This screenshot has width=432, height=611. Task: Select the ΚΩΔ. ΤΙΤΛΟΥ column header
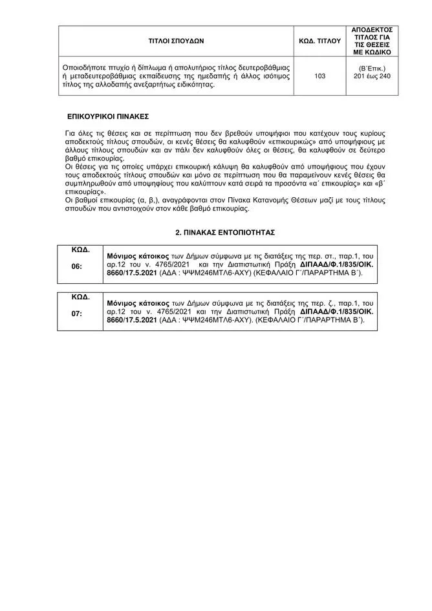pyautogui.click(x=319, y=40)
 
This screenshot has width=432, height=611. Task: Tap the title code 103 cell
pyautogui.click(x=319, y=76)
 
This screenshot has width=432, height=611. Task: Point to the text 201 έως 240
pyautogui.click(x=376, y=76)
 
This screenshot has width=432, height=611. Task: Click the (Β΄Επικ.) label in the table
pyautogui.click(x=376, y=68)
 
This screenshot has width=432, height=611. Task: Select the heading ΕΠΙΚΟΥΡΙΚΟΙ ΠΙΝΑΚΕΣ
pyautogui.click(x=108, y=117)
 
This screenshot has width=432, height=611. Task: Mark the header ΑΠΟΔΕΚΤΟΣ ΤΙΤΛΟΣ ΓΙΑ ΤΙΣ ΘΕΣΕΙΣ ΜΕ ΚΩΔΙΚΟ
pyautogui.click(x=376, y=41)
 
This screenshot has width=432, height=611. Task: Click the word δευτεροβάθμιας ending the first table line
pyautogui.click(x=263, y=67)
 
